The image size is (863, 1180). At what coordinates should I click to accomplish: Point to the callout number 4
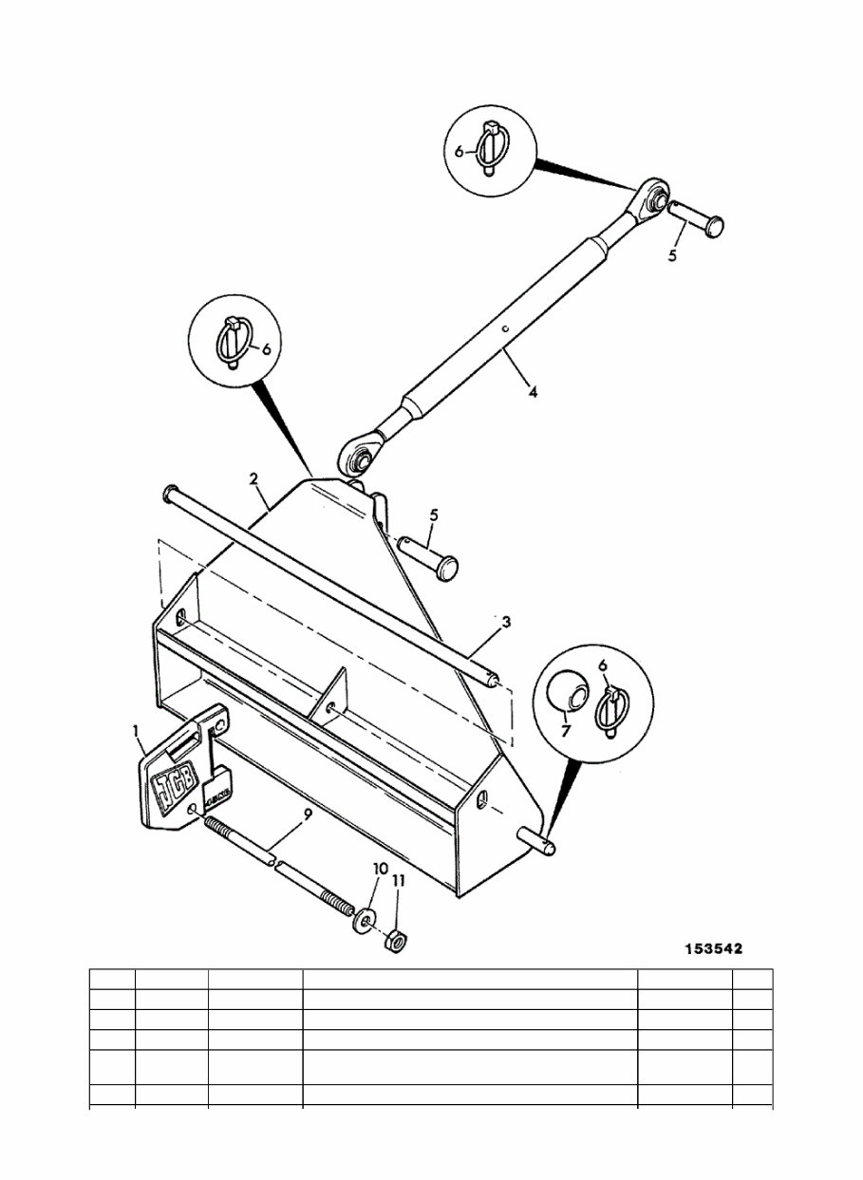(x=533, y=390)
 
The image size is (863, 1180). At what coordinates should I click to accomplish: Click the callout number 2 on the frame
(x=254, y=480)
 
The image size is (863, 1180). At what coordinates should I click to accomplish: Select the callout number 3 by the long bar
(x=506, y=622)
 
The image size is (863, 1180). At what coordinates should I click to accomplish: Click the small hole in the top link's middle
(x=508, y=331)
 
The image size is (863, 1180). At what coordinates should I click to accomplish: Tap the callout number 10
(x=380, y=870)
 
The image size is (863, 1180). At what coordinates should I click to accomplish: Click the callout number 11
(x=399, y=881)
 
